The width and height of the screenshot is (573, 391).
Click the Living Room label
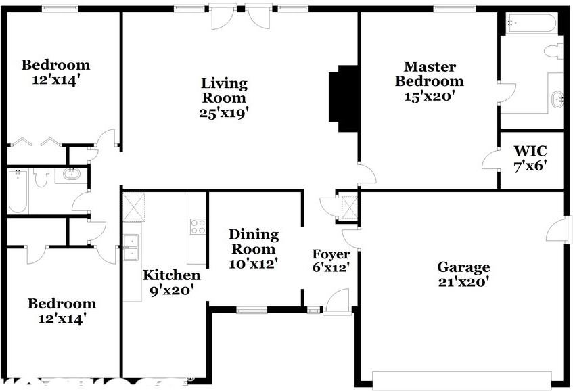pos(224,97)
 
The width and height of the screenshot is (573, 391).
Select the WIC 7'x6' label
pos(530,158)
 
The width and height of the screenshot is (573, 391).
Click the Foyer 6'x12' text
pos(330,261)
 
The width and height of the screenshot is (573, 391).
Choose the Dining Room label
pos(253,241)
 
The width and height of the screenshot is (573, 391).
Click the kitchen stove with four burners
pos(198,227)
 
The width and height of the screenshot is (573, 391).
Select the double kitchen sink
pos(131,248)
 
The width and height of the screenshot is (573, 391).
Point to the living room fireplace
pos(343,97)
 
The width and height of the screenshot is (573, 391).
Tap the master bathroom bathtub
pos(531,25)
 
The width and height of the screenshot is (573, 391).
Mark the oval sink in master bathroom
pos(557,100)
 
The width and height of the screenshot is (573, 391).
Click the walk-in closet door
pos(490,161)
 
